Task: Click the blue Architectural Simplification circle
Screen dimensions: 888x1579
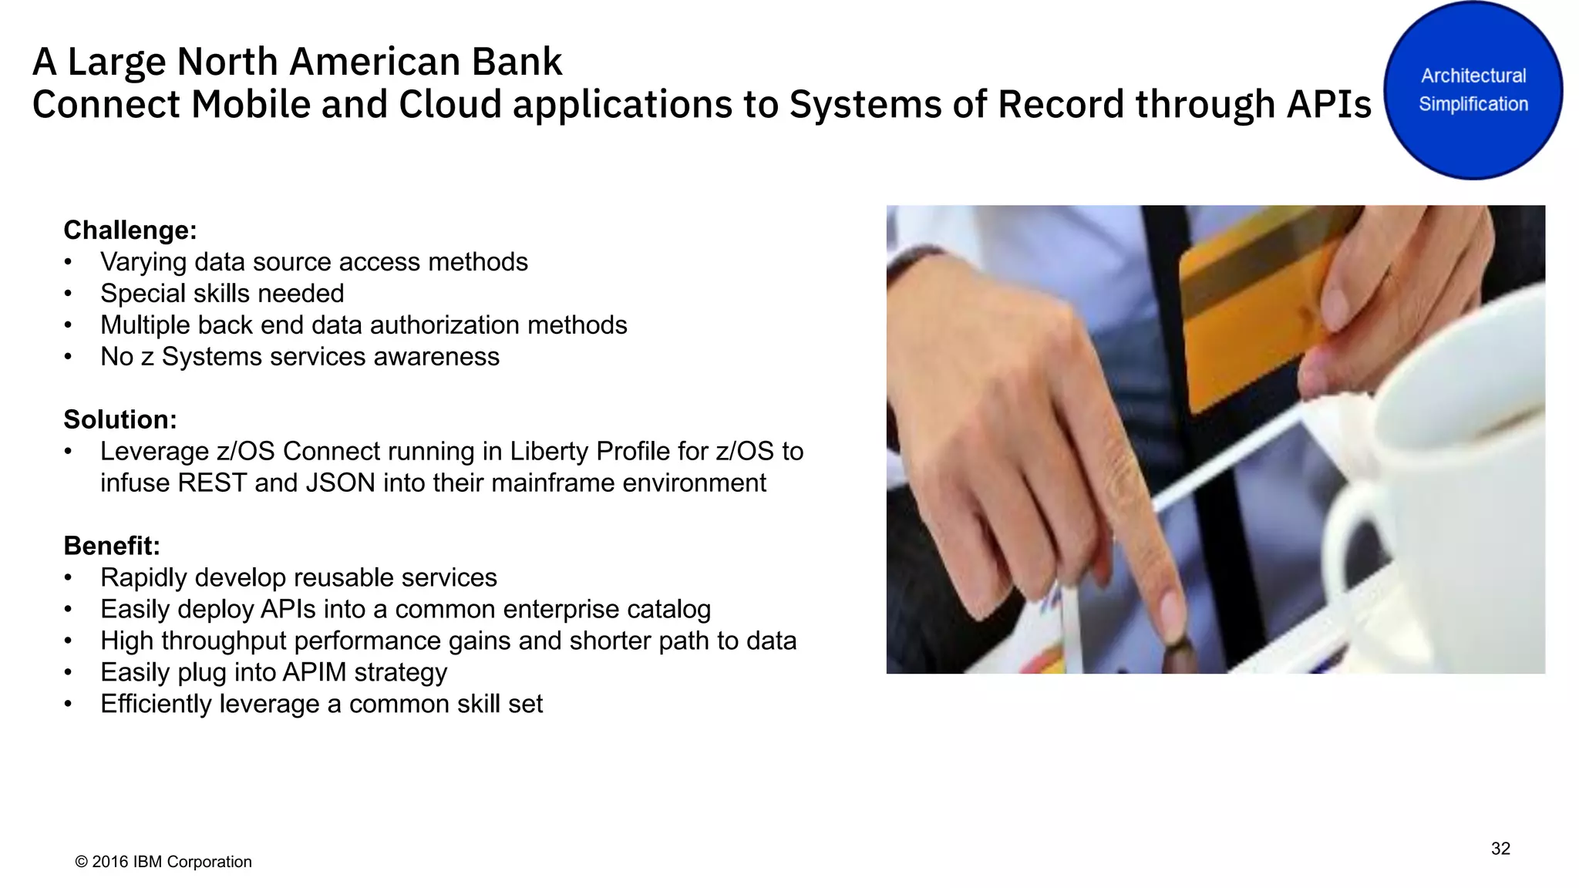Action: [x=1473, y=90]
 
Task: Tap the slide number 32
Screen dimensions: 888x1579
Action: [x=1500, y=849]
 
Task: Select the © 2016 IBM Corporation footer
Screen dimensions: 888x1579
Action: [x=163, y=862]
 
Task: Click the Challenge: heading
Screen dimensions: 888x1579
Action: [x=130, y=230]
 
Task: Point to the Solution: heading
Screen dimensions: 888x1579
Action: [x=120, y=420]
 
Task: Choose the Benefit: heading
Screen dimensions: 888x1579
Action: [x=112, y=547]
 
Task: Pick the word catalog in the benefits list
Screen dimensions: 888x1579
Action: [x=668, y=610]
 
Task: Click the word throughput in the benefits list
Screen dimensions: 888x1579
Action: [x=224, y=641]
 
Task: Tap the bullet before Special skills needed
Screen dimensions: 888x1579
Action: [x=69, y=294]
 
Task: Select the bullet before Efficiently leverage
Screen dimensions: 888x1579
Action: [x=69, y=705]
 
